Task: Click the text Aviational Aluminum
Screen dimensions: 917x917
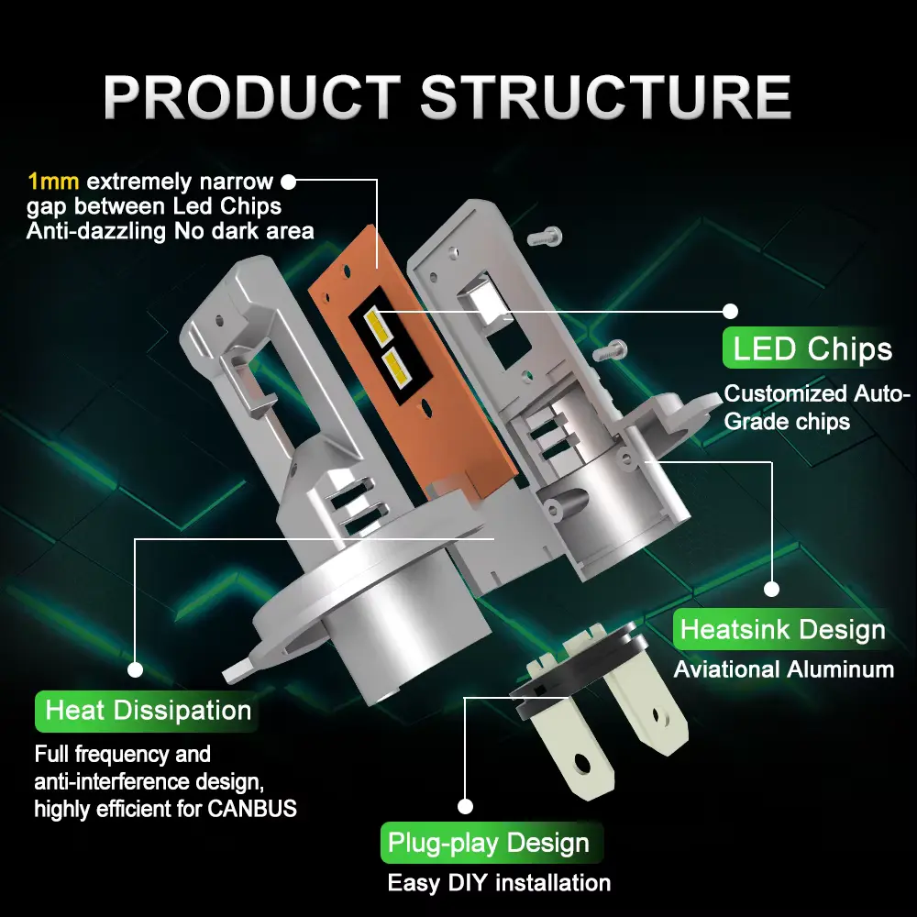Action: pos(784,669)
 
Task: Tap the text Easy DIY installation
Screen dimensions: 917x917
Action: pos(499,883)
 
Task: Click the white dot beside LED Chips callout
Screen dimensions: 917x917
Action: pos(730,311)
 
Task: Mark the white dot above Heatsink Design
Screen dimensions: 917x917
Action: pos(771,589)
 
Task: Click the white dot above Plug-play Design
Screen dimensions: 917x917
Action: pos(465,806)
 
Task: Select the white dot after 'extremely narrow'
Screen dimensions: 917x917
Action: pos(289,181)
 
